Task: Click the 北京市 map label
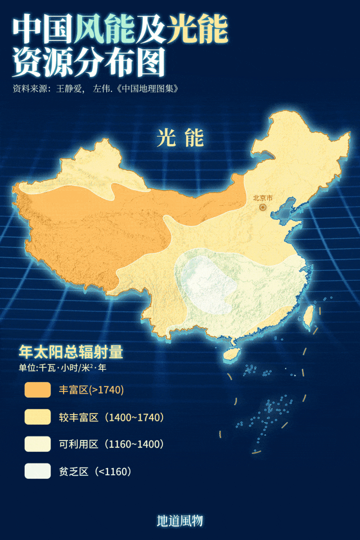point(263,198)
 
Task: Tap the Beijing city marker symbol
point(263,207)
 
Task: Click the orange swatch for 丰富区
point(38,390)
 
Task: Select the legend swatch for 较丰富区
point(38,417)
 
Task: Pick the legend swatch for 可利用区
point(38,444)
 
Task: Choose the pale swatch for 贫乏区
point(38,471)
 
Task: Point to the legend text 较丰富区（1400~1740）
point(111,417)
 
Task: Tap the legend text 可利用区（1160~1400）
point(111,444)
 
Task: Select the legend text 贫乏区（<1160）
point(95,471)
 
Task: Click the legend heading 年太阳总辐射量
point(70,352)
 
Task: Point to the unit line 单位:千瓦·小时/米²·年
point(62,368)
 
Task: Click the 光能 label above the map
point(180,137)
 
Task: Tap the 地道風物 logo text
point(179,521)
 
